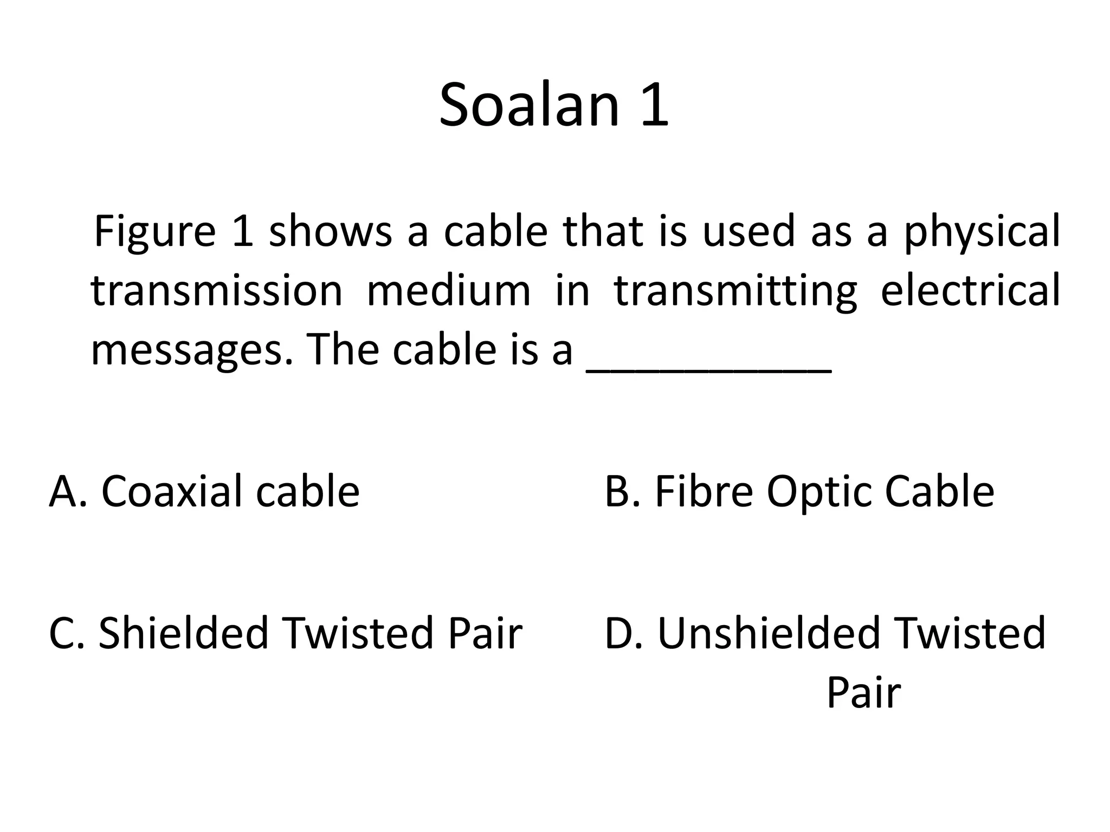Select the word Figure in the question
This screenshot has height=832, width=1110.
(x=154, y=231)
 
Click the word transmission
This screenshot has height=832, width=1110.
(x=217, y=290)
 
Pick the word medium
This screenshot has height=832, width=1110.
(x=448, y=290)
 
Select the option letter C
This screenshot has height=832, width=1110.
(x=62, y=633)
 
